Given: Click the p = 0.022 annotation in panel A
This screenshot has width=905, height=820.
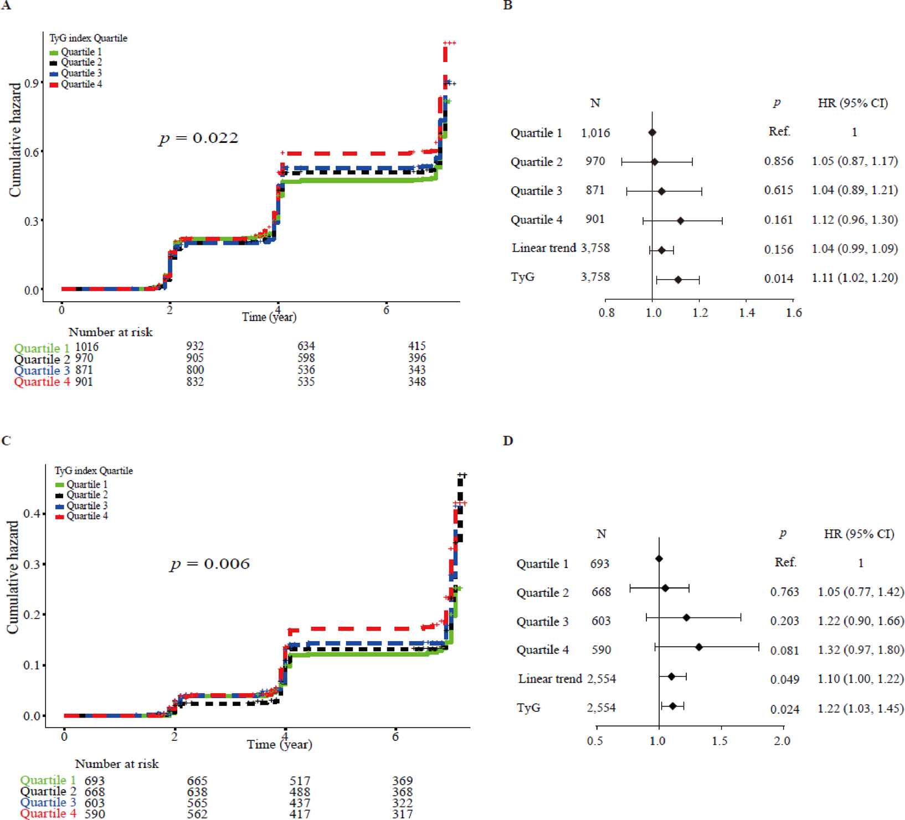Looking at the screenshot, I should tap(198, 138).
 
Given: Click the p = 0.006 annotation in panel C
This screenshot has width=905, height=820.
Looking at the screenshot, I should tap(209, 564).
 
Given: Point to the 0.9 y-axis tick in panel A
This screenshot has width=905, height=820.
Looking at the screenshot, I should tap(31, 83).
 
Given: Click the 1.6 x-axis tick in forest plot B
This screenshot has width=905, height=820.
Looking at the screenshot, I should tap(793, 313).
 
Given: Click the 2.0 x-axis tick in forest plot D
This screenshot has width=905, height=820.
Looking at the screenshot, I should tap(781, 741).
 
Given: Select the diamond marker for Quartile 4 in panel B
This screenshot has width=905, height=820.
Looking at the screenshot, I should tap(680, 220).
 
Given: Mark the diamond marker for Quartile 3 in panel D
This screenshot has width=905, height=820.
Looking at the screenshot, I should tap(686, 617).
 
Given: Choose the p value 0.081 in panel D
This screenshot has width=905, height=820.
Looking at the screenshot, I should tap(784, 651).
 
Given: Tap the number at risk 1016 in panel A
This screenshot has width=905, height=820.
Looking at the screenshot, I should tap(87, 347).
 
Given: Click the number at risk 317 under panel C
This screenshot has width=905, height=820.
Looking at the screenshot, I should tap(403, 814).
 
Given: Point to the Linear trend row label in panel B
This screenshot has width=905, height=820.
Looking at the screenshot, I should tap(543, 248).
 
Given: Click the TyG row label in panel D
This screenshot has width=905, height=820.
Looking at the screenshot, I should tap(528, 708).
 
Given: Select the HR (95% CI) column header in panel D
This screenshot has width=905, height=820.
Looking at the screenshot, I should tap(859, 534).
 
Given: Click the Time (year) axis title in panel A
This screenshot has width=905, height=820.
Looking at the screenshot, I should tap(269, 317).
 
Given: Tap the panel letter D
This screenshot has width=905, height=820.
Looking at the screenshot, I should tap(508, 441).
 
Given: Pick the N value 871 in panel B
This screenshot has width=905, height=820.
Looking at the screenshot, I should tap(595, 190).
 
